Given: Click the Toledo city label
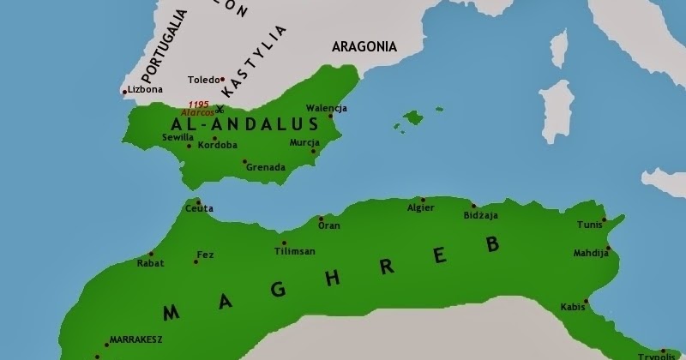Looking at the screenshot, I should (x=203, y=79).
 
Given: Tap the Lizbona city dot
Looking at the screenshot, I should (x=125, y=91).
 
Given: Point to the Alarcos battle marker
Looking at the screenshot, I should (x=220, y=109).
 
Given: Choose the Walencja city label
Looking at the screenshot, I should (x=327, y=108).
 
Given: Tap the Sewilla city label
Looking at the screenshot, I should (x=178, y=136).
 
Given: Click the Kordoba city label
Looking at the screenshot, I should (x=217, y=146).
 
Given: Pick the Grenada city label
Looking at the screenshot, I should (x=265, y=167).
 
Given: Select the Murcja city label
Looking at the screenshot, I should (x=304, y=142).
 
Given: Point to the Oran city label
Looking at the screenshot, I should (x=329, y=225).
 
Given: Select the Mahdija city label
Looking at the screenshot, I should (x=591, y=254).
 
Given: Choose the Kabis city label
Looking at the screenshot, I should (x=572, y=306).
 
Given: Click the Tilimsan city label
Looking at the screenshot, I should (x=295, y=251).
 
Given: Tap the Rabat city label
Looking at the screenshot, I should (x=150, y=263).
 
